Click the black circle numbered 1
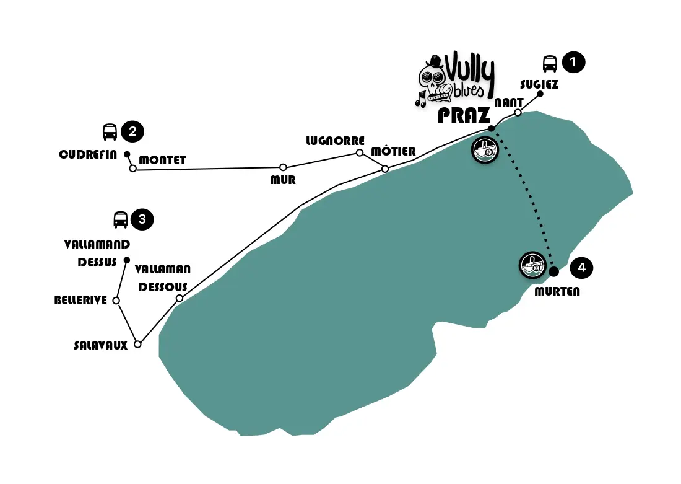click(x=574, y=63)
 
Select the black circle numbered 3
click(x=142, y=219)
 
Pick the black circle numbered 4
click(x=581, y=268)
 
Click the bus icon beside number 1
click(x=550, y=63)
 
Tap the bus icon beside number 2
click(x=110, y=132)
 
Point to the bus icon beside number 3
click(x=121, y=220)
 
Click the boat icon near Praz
click(x=484, y=151)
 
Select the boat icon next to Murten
click(x=532, y=265)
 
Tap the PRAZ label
click(x=464, y=115)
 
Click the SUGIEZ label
click(x=539, y=84)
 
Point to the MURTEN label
click(x=557, y=291)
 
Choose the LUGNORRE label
click(x=336, y=141)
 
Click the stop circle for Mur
click(x=283, y=167)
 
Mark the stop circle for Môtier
click(x=385, y=169)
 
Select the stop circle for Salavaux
click(x=138, y=345)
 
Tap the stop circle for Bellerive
click(x=116, y=301)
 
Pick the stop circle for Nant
click(x=518, y=112)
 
